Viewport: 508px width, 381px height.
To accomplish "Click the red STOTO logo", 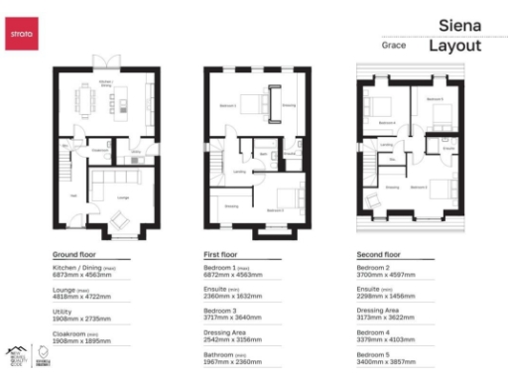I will pos(22,35).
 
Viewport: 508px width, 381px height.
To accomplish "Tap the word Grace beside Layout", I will pos(394,46).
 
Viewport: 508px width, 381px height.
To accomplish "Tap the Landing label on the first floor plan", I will pos(239,172).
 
